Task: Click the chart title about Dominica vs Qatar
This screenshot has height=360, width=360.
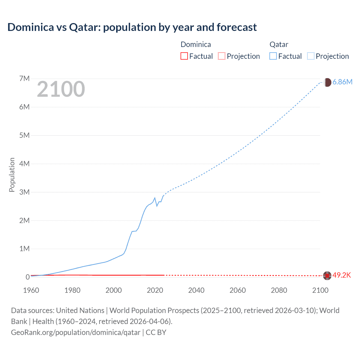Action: (132, 27)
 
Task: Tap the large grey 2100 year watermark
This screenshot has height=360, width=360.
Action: (61, 89)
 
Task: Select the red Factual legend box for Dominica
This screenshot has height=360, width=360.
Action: (184, 56)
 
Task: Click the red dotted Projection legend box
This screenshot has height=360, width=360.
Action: (222, 56)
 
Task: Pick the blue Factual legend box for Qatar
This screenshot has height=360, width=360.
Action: (273, 56)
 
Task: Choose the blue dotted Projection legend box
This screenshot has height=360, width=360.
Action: (310, 56)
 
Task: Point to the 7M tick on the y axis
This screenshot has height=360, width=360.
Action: (24, 78)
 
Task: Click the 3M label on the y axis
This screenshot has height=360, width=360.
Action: (24, 192)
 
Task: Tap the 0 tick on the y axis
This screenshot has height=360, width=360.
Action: (28, 277)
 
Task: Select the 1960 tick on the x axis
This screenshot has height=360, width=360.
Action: (31, 290)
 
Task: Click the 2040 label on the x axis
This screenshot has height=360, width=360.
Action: (196, 290)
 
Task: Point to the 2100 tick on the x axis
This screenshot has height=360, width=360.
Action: (320, 290)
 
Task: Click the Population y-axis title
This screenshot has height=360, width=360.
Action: (12, 175)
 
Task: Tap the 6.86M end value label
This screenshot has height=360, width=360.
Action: (342, 82)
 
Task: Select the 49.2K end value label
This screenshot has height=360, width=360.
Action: (342, 275)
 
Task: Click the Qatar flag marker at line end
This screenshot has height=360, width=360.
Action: (327, 82)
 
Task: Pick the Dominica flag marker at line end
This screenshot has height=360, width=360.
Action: (327, 276)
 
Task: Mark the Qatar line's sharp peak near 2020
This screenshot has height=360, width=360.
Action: (155, 198)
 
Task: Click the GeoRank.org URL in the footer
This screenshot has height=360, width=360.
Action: (76, 332)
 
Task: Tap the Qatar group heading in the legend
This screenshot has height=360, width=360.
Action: (279, 44)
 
